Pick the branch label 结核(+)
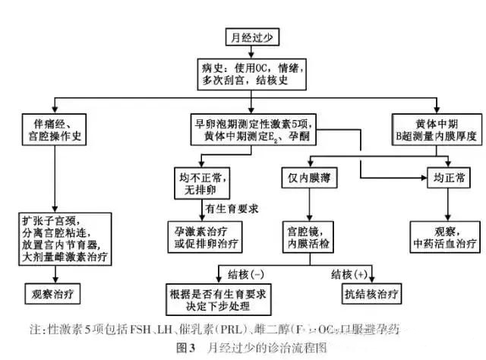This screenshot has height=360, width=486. point(349,273)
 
